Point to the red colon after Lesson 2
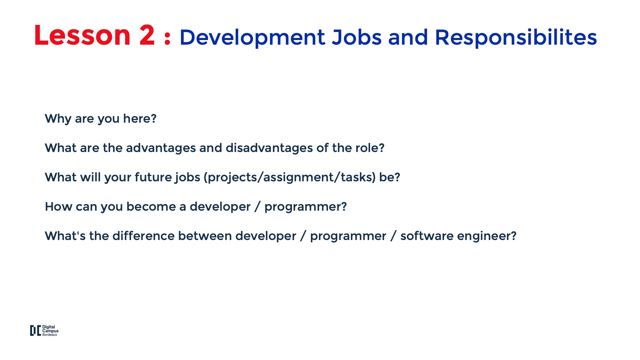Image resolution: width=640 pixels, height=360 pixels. pyautogui.click(x=167, y=38)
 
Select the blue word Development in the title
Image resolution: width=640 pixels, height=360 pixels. pyautogui.click(x=252, y=37)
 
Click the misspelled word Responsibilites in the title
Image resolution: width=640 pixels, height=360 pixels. pyautogui.click(x=516, y=37)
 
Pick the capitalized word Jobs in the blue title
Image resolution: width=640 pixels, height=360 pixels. pyautogui.click(x=357, y=37)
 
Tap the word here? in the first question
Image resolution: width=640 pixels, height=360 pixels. pyautogui.click(x=140, y=118)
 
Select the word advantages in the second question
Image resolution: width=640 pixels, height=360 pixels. pyautogui.click(x=161, y=148)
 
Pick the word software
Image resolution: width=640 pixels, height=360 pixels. pyautogui.click(x=427, y=236)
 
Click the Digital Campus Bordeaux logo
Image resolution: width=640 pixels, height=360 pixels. pyautogui.click(x=44, y=331)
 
